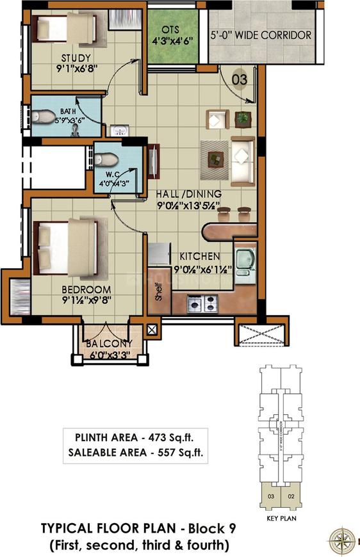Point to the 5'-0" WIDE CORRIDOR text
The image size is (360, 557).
(261, 35)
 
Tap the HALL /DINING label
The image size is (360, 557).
(189, 194)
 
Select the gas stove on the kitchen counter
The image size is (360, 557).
(203, 304)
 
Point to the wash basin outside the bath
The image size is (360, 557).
(118, 131)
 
